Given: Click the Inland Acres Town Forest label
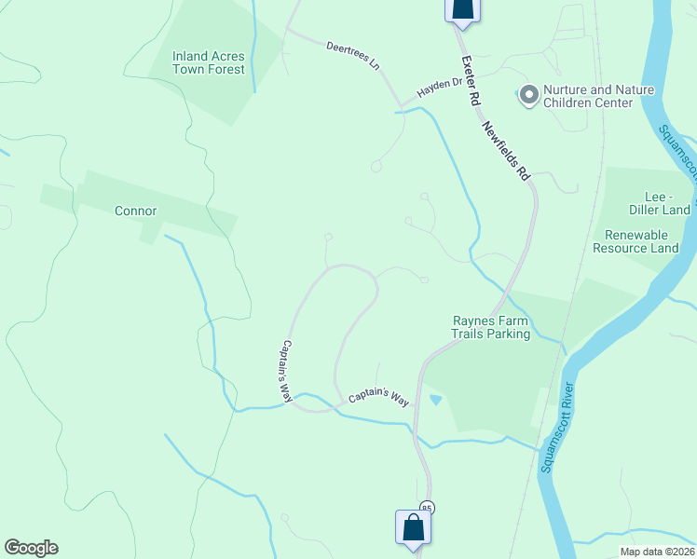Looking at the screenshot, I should (209, 62).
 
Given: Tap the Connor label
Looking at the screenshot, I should (135, 211).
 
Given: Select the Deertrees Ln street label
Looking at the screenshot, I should (353, 56).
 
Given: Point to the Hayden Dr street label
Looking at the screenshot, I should (440, 87).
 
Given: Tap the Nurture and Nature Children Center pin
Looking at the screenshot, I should (528, 95).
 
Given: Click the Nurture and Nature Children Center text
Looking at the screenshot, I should (587, 96).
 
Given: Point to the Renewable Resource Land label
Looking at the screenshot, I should (642, 241).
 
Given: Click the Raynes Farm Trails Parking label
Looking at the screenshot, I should (491, 327).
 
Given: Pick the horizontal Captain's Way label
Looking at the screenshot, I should (379, 398).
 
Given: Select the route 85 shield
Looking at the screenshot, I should (427, 507).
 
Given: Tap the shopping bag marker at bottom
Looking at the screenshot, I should (413, 527).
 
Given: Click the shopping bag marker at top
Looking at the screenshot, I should (462, 7).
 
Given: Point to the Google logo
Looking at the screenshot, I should (31, 548).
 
